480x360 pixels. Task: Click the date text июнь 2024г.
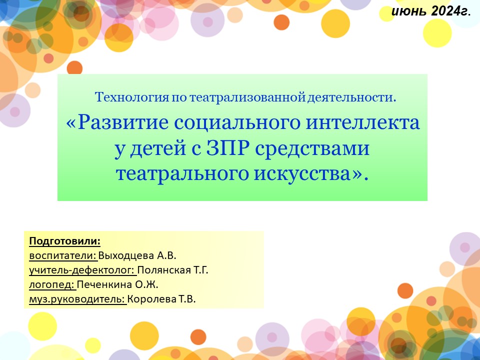431,11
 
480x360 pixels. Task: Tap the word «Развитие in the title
117,123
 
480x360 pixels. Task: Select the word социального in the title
237,123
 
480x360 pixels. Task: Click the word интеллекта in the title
363,122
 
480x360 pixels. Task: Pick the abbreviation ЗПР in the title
228,148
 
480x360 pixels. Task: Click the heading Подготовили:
65,241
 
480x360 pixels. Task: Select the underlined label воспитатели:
63,255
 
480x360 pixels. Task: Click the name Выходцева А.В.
137,255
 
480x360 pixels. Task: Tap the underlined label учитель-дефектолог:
82,270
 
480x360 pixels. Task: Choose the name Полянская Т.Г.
172,270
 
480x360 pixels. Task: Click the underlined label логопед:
52,284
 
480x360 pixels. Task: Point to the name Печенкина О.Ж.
117,284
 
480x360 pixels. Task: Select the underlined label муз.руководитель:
77,299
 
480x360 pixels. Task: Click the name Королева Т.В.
161,299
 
